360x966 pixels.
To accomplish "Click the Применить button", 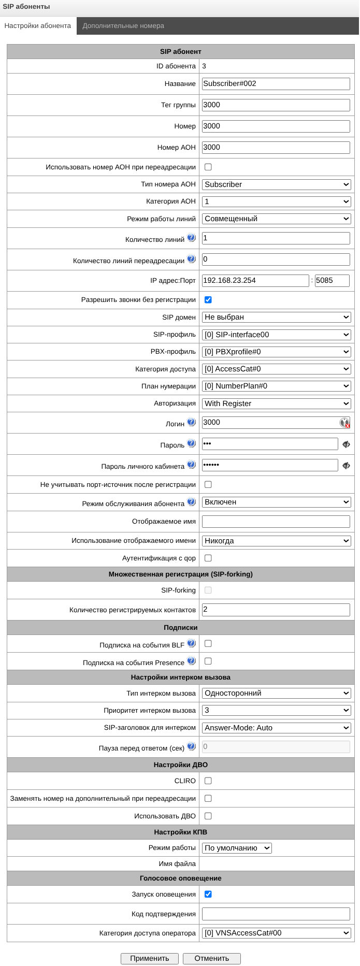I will (149, 958).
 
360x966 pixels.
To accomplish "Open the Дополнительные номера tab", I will (123, 26).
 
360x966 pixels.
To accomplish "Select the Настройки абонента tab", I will (38, 26).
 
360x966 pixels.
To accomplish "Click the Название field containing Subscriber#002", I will (276, 84).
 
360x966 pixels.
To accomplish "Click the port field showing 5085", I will (332, 281).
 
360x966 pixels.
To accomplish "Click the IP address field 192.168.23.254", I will (255, 281).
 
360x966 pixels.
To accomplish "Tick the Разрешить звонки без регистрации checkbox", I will (208, 300).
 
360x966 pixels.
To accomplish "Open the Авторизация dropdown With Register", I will (276, 403).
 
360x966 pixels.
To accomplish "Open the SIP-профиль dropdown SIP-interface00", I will (276, 335).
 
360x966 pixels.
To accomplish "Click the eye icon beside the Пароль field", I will (346, 444).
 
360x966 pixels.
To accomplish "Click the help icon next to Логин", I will (191, 422).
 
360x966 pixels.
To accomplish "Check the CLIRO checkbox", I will (208, 781).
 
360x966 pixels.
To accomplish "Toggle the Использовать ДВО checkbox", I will (208, 816).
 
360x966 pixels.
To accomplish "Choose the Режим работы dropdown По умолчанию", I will (237, 848).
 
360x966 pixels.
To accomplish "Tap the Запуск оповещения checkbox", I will (208, 894).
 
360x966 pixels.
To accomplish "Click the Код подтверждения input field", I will (276, 914).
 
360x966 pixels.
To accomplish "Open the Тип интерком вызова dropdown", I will (276, 693).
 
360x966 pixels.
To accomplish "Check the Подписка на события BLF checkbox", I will (208, 643).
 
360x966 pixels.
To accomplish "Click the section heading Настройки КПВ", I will (180, 832).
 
